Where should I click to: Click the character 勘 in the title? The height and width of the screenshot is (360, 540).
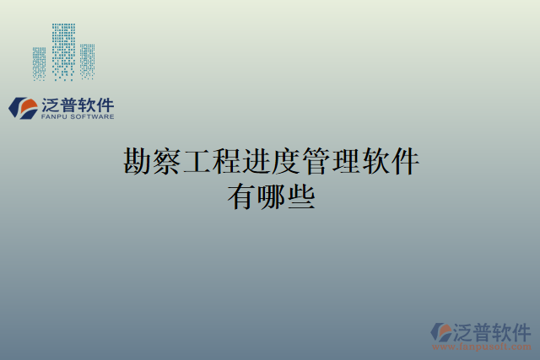[138, 159]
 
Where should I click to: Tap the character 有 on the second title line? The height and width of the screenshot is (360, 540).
[241, 196]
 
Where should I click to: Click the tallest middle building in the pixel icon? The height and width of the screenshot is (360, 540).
[63, 51]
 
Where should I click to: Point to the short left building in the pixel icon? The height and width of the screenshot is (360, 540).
[40, 62]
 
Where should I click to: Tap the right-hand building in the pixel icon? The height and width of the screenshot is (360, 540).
[87, 61]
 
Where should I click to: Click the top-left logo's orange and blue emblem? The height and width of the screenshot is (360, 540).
[21, 107]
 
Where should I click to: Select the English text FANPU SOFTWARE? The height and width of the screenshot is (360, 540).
[77, 117]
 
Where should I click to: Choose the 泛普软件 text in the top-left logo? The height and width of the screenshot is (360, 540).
[77, 105]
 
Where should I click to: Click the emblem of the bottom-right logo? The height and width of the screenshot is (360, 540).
[441, 331]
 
